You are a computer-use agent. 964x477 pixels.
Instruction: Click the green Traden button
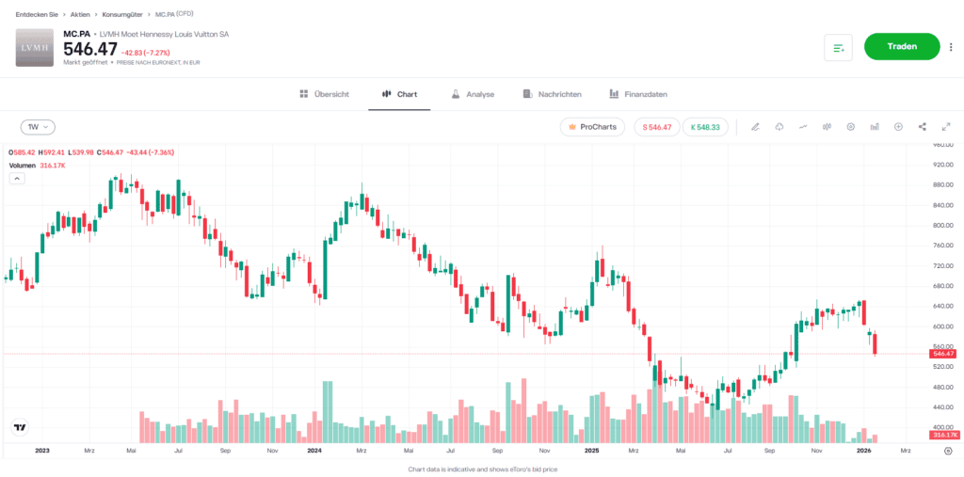(x=902, y=46)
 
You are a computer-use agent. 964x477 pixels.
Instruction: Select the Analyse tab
(x=473, y=94)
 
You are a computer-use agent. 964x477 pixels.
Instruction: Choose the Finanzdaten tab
(x=638, y=94)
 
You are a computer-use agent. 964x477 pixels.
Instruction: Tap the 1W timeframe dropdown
(x=38, y=126)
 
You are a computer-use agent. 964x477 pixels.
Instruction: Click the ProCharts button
(x=592, y=126)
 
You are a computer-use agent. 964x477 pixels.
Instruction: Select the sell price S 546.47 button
(x=655, y=126)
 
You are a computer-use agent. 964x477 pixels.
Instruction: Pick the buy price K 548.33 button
(x=704, y=126)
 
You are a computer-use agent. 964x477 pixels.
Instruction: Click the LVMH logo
(x=35, y=48)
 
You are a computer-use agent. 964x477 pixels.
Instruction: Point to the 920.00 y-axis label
(x=943, y=166)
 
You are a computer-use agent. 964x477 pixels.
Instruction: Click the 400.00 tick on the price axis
(x=943, y=427)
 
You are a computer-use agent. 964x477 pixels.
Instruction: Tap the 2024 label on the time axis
(x=315, y=452)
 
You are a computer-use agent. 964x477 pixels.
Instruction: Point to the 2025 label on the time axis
(x=591, y=452)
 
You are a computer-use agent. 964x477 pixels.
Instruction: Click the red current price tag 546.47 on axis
(x=944, y=353)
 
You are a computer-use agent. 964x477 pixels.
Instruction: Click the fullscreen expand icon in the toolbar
(x=945, y=126)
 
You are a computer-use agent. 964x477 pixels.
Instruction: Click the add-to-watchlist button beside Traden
(x=838, y=47)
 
